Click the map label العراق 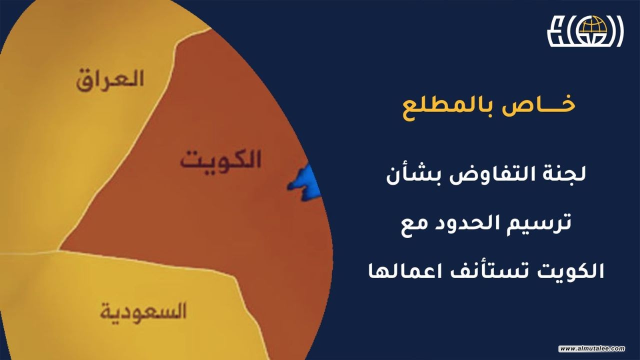[x=110, y=80]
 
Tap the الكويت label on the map [x=220, y=160]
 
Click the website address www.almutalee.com [x=592, y=348]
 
